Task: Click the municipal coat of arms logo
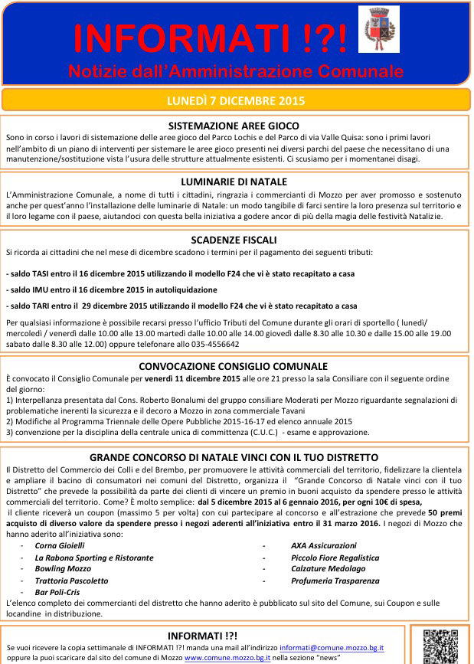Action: (378, 30)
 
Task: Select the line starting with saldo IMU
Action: (112, 289)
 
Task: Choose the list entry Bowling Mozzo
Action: (63, 569)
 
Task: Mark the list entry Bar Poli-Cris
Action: (58, 592)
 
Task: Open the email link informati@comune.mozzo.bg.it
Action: (332, 647)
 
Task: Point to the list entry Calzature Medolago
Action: (329, 569)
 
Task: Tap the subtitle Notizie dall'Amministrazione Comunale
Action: (235, 71)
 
